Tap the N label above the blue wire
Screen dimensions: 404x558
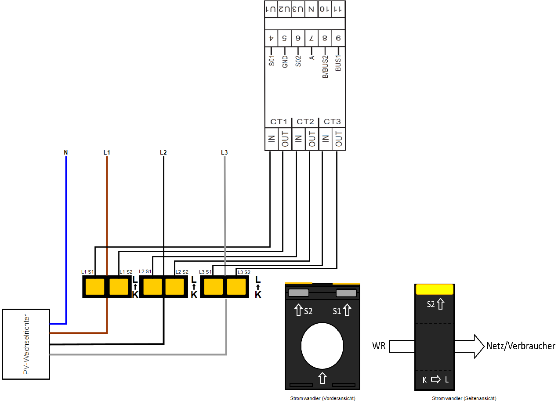(x=65, y=153)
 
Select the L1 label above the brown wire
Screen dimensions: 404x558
(x=107, y=153)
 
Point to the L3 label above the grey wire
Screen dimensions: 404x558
(x=225, y=153)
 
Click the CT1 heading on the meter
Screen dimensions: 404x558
(x=279, y=122)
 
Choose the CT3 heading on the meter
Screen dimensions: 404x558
(x=332, y=122)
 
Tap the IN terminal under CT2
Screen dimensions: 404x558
(x=298, y=139)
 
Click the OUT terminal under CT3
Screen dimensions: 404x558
(x=339, y=139)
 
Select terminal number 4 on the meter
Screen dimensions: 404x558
(x=272, y=38)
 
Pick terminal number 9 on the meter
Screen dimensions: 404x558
(x=338, y=38)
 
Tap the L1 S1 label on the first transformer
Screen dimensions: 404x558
(x=88, y=272)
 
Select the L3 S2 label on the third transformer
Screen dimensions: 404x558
(x=244, y=272)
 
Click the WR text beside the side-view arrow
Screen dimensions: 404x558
(x=379, y=346)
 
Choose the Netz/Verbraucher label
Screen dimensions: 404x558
(x=521, y=346)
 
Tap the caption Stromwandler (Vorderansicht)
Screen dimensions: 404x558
(x=322, y=398)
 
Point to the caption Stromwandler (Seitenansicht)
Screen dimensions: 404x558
(x=464, y=398)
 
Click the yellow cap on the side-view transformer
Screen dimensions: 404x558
(x=435, y=289)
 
